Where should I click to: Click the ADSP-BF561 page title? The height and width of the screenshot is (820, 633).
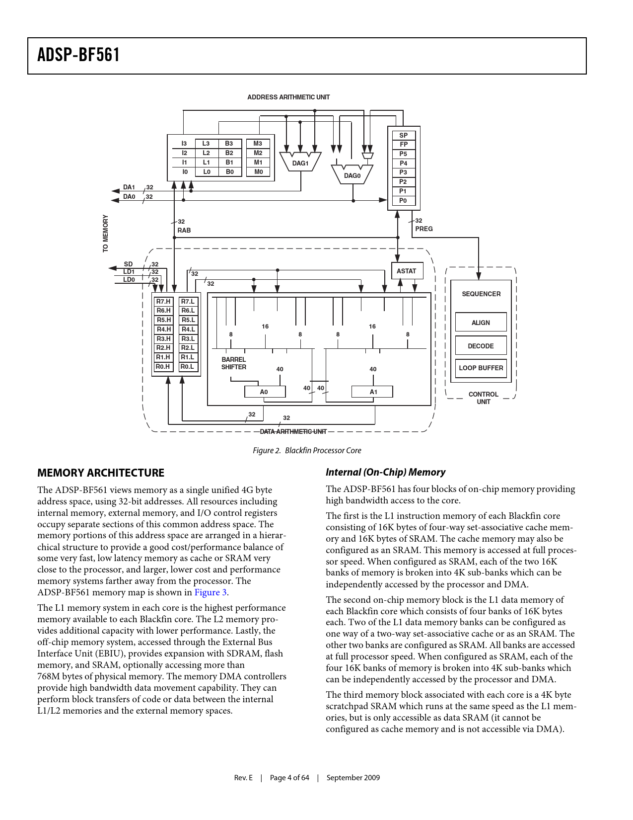click(78, 55)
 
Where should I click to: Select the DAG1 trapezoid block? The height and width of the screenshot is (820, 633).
click(300, 162)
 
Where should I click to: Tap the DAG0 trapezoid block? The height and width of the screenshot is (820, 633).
click(352, 174)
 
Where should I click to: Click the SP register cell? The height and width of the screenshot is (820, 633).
click(404, 136)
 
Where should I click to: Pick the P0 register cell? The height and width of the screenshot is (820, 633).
click(404, 201)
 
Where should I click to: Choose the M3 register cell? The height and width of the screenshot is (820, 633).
click(258, 144)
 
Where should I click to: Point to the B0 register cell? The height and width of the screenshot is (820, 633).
click(229, 171)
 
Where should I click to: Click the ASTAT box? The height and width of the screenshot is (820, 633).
click(407, 271)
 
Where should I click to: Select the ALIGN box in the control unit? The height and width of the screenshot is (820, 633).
click(481, 322)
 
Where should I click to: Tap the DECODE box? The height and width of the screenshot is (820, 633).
click(481, 345)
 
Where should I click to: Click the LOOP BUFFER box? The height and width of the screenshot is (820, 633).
click(481, 368)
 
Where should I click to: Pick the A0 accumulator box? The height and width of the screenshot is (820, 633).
click(265, 392)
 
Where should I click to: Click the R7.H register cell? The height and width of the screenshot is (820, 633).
click(164, 302)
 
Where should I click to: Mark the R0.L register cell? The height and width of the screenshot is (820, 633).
click(188, 367)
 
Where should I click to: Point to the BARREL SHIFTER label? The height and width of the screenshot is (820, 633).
click(234, 363)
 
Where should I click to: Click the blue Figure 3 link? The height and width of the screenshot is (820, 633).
click(211, 592)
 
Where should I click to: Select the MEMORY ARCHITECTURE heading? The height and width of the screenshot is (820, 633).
click(101, 473)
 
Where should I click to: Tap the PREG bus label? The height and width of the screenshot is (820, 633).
click(424, 229)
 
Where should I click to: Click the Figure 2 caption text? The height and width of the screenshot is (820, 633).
click(307, 451)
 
